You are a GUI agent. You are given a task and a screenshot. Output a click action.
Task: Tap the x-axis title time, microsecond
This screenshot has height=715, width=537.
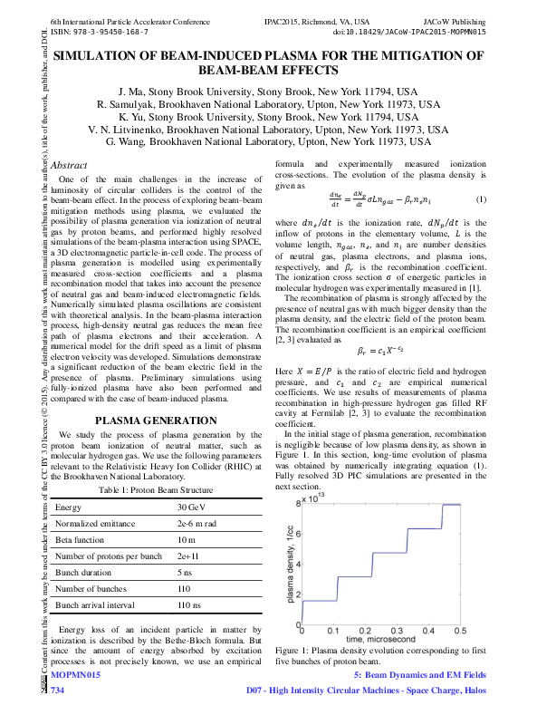point(379,641)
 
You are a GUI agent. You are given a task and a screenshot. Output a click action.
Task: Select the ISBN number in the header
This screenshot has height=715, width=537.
point(100,31)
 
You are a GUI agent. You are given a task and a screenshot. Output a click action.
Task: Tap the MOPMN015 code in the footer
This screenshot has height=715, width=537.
point(75,676)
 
